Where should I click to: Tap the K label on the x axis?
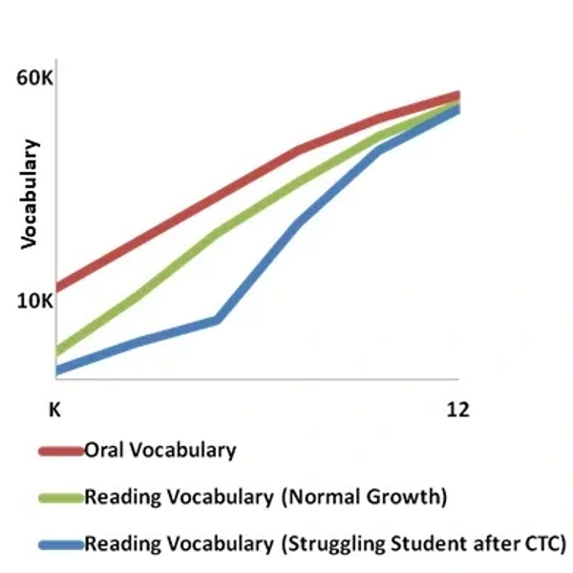[x=55, y=410]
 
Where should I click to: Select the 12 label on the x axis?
[x=458, y=410]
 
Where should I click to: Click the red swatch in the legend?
[x=60, y=450]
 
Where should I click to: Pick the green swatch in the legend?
[x=60, y=498]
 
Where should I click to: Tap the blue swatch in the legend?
[x=60, y=545]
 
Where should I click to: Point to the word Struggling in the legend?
[x=331, y=544]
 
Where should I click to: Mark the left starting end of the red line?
[x=58, y=286]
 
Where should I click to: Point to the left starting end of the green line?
[x=58, y=350]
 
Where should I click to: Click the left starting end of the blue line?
[x=58, y=371]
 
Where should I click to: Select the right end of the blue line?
[x=457, y=109]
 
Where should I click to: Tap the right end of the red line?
[x=457, y=95]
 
